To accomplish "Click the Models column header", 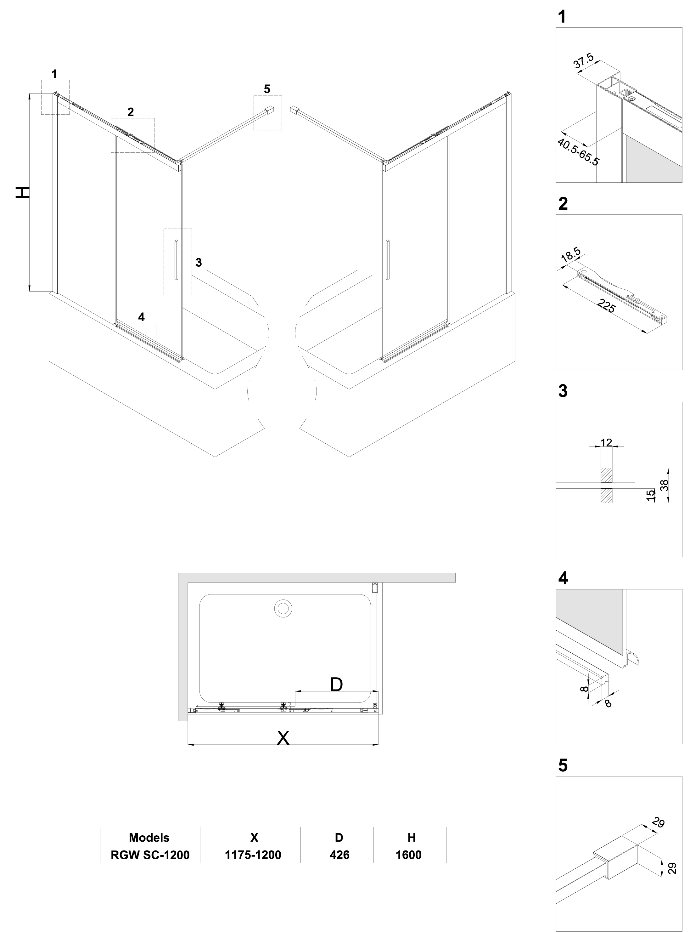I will click(x=149, y=837).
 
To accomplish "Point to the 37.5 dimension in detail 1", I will click(x=583, y=61).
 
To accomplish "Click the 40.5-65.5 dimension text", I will click(x=579, y=152).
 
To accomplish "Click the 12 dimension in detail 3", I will click(x=606, y=442).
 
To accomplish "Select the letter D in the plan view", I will click(x=336, y=684).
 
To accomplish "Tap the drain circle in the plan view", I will click(x=283, y=608).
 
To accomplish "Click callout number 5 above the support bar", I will click(x=267, y=89).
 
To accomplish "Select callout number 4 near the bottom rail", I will click(x=142, y=317).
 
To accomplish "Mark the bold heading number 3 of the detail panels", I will click(x=563, y=391).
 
